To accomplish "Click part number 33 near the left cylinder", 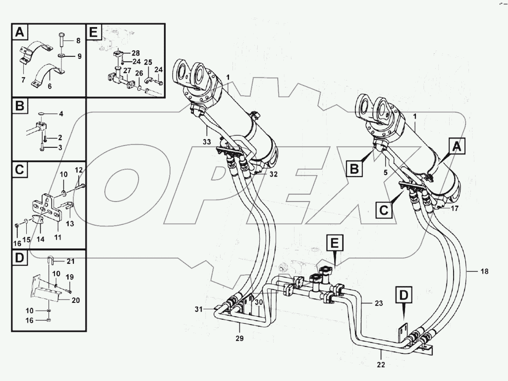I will click(207, 142).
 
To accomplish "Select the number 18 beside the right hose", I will click(484, 272).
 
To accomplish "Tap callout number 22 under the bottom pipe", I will click(381, 364).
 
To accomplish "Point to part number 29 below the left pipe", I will click(239, 338).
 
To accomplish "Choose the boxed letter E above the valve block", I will click(334, 243).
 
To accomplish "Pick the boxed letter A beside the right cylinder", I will click(457, 147).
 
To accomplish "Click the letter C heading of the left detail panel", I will click(19, 169).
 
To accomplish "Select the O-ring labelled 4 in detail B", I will click(42, 114).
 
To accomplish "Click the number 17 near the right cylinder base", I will click(454, 208).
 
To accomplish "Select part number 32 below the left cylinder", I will click(273, 174).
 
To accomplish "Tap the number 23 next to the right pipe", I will click(378, 303).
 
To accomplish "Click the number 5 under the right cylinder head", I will click(385, 173).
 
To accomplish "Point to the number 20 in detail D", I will click(75, 300).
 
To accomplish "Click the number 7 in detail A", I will click(23, 80).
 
